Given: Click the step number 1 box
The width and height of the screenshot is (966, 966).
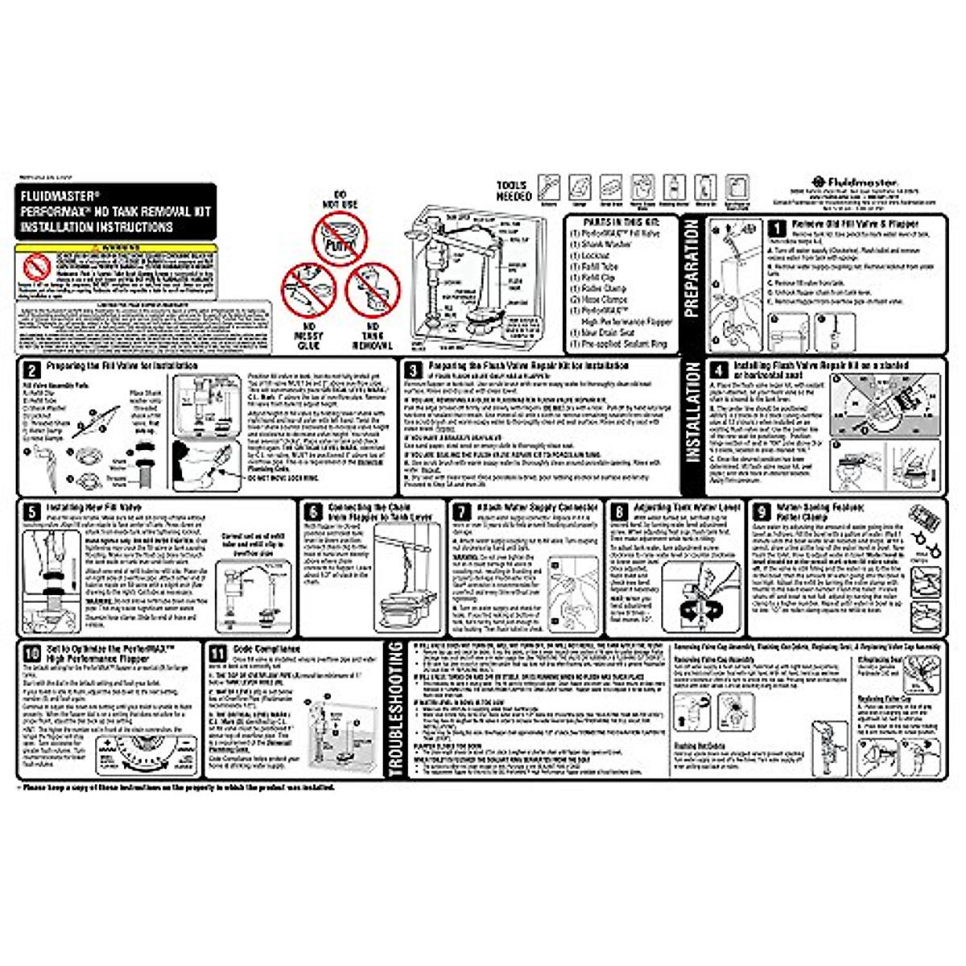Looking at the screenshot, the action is point(778,229).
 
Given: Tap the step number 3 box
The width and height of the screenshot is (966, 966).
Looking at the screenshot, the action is point(413,370).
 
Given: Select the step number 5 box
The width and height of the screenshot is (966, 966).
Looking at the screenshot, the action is point(31,512).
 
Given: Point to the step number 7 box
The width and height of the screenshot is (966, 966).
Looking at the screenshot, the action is point(461,513).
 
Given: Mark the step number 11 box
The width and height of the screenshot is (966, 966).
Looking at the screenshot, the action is point(217,654).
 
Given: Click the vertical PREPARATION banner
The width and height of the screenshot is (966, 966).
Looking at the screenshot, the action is point(691,269).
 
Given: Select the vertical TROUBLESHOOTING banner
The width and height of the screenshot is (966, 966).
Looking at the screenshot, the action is point(395,710).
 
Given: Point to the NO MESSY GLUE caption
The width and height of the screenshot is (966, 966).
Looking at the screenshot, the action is point(308,336).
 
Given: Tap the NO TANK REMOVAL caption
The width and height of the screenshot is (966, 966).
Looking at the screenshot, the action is point(373,336).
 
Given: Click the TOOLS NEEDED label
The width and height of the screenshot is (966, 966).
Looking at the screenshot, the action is point(514,191).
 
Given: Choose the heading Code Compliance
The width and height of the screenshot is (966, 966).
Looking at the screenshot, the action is point(266,649).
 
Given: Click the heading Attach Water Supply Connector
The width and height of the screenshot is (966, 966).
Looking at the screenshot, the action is point(538,508).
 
